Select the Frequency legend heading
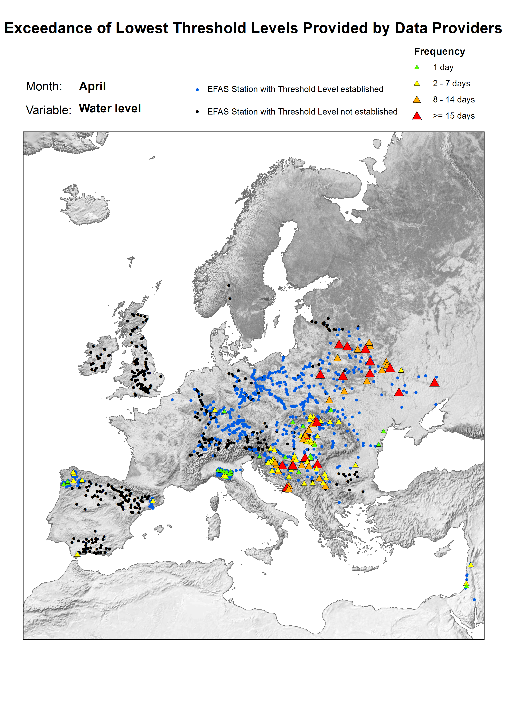click(439, 51)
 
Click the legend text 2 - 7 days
click(451, 83)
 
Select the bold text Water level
click(110, 108)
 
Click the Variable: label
click(48, 110)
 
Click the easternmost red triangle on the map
click(434, 382)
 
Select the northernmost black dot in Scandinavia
click(228, 285)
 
